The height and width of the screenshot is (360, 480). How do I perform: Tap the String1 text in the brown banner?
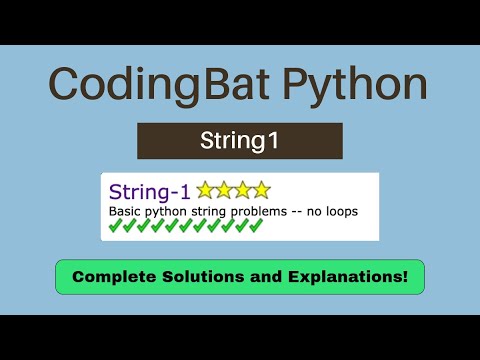point(240,141)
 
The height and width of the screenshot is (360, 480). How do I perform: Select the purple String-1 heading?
point(150,190)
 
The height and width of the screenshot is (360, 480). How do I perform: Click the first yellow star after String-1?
point(205,190)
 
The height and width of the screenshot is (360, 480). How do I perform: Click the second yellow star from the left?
point(224,190)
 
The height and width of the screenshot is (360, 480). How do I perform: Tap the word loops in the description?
point(339,211)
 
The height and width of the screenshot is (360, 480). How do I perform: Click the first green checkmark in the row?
point(115,226)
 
